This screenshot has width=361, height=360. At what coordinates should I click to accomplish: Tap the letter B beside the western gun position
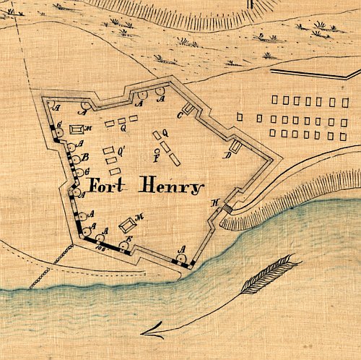85,158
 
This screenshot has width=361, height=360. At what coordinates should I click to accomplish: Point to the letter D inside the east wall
226,155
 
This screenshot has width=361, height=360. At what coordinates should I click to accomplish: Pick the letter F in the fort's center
157,158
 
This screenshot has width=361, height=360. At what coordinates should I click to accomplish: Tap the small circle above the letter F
157,150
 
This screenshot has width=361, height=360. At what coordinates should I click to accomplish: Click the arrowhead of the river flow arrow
148,333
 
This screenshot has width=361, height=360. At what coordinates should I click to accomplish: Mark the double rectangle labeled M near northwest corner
76,129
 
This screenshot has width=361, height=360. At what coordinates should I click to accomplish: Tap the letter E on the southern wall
129,239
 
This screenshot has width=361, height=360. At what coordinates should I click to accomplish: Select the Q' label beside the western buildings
122,150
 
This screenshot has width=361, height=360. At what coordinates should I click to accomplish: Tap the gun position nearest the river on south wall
180,258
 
